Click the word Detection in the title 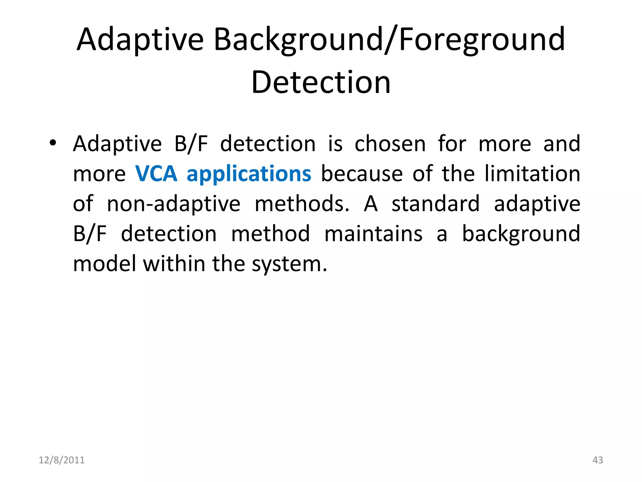[x=321, y=82]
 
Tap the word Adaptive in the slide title [x=140, y=40]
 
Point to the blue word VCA [x=156, y=174]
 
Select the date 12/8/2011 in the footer [x=62, y=460]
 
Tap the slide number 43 [x=597, y=460]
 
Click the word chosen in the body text [x=390, y=144]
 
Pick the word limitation [x=532, y=174]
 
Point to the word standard [x=436, y=204]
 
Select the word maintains [x=373, y=234]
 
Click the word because [x=362, y=174]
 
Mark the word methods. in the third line [x=302, y=204]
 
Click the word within [x=174, y=264]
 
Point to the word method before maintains [x=271, y=234]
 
